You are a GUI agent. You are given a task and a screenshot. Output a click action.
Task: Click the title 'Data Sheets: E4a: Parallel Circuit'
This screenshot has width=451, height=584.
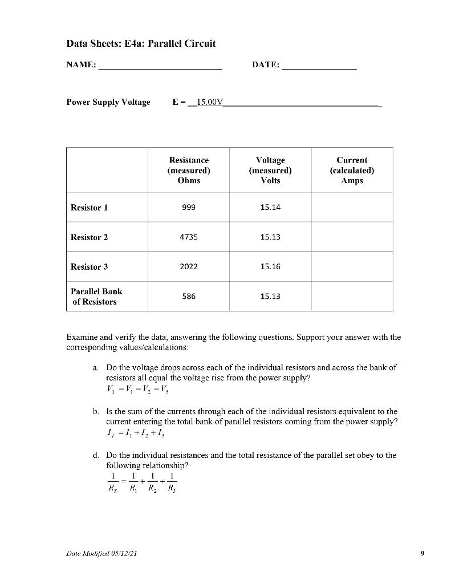pos(141,43)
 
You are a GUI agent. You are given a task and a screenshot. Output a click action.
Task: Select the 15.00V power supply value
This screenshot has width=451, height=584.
pos(209,102)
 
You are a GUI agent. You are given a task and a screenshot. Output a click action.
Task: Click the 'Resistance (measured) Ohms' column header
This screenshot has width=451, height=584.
pos(189,170)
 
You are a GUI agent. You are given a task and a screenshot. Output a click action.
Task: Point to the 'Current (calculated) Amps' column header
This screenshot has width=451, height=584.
pos(352,170)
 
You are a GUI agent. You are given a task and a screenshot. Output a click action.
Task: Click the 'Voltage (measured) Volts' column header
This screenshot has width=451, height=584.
pos(270,170)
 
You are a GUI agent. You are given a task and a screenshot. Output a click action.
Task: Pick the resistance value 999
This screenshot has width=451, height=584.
pos(189,207)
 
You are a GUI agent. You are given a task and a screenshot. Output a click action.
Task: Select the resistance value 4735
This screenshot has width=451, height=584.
pos(189,237)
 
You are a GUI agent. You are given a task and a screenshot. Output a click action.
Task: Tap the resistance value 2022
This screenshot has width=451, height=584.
pos(189,266)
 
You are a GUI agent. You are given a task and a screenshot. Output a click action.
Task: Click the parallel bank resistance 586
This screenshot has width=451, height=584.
pos(189,296)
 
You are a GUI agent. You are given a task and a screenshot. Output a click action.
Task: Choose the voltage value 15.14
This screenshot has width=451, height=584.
pos(270,207)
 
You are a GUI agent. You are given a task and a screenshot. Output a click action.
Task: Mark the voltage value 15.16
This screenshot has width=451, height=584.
pos(270,266)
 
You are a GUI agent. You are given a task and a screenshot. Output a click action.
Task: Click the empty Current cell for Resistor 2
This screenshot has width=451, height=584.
pos(352,237)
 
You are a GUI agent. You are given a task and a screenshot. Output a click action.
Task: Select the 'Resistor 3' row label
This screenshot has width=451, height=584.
pos(89,266)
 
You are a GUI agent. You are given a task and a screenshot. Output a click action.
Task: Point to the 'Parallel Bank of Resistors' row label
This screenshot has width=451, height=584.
pos(96,296)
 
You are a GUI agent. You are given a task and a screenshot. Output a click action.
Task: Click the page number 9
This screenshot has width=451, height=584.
pos(422,553)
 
